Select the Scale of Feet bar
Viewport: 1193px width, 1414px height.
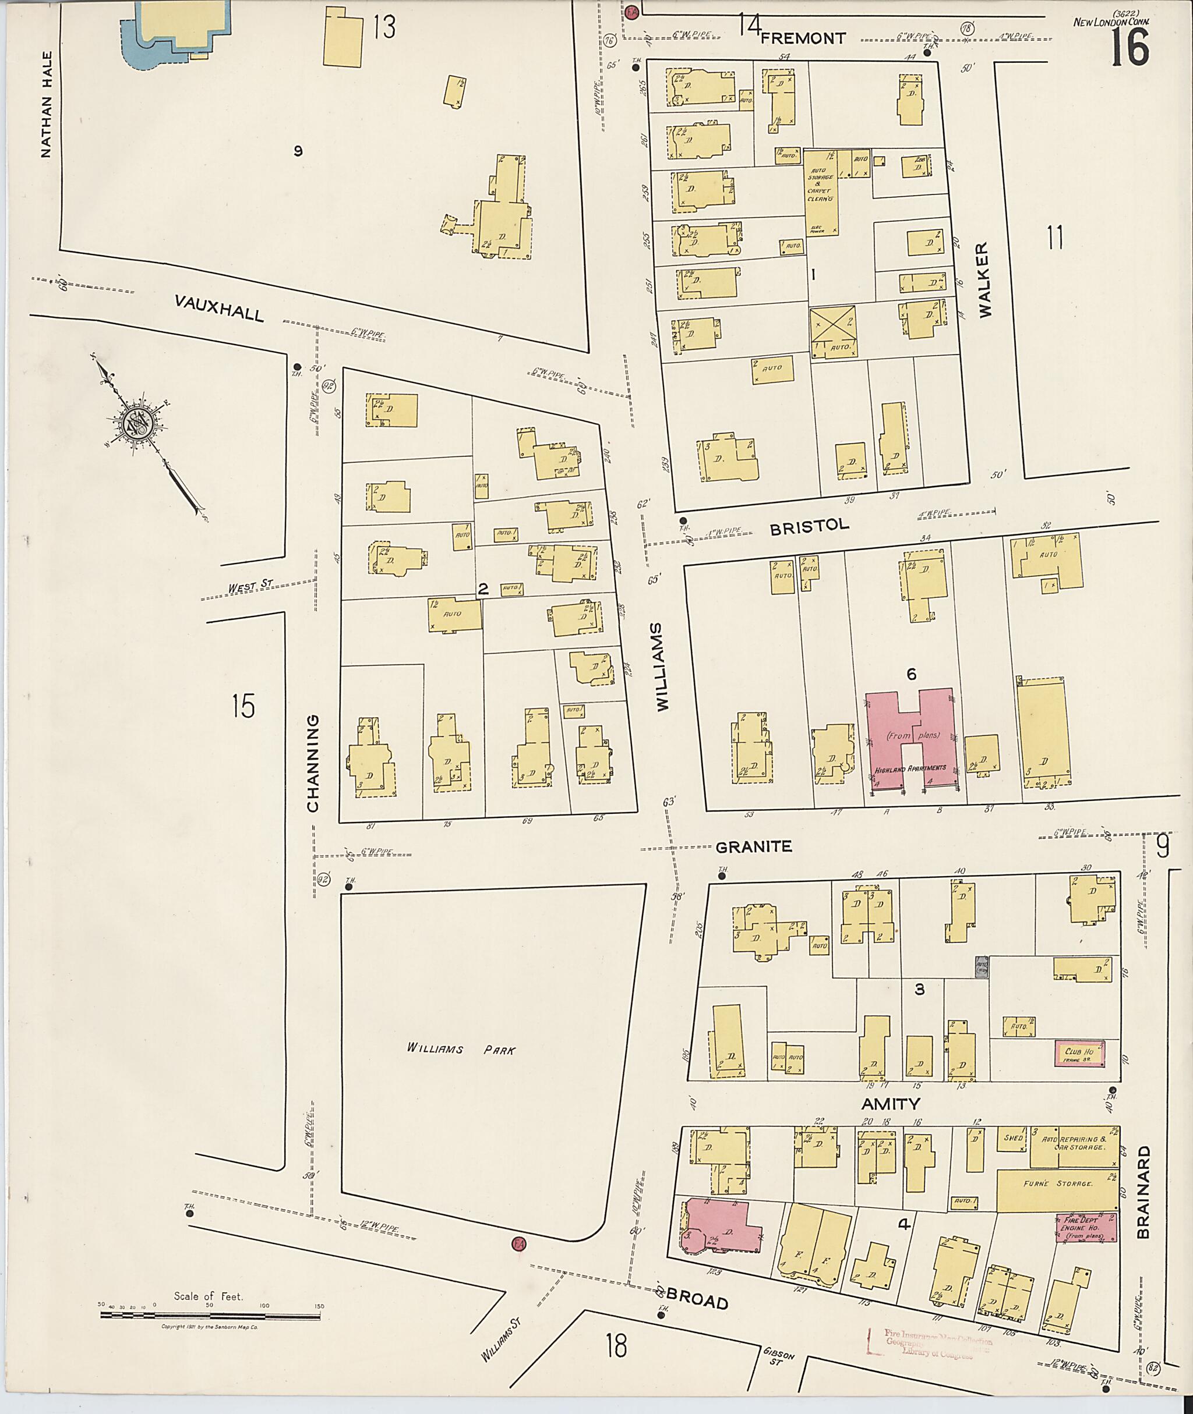(210, 1316)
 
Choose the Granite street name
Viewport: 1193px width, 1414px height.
(753, 846)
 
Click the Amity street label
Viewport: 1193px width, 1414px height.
(891, 1104)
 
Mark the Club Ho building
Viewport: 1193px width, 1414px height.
(1079, 1054)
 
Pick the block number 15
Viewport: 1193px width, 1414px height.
(243, 706)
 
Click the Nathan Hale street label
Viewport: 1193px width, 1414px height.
(46, 105)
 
